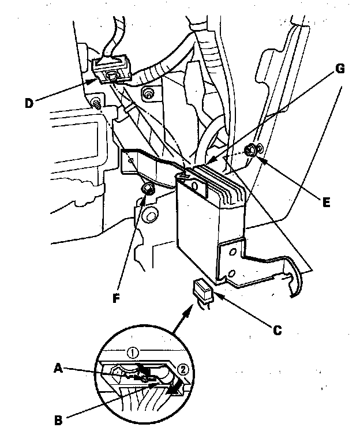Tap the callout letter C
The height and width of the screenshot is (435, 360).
point(277,331)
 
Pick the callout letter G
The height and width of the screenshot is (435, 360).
point(339,70)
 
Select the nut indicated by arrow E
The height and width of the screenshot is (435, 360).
point(252,151)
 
